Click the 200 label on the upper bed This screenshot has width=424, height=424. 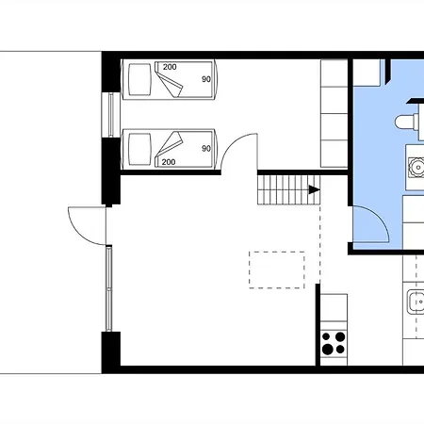coord(170,67)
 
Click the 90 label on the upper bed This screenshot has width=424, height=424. coord(206,79)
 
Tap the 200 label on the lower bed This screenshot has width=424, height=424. coord(169,162)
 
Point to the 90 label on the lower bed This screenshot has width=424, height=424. coord(206,148)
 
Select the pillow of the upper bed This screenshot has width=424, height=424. coord(139,79)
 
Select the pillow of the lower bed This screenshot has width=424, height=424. coord(139,149)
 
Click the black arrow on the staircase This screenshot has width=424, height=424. coord(315,189)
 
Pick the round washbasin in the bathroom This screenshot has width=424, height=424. coord(417,167)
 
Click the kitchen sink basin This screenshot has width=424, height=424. coord(416,302)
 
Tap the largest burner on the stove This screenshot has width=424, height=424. coord(327,349)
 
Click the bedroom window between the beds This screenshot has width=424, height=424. coord(110,115)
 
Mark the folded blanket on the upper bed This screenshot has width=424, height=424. coord(169,80)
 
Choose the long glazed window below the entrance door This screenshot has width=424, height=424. coord(109,289)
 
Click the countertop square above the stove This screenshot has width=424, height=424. coord(334,307)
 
